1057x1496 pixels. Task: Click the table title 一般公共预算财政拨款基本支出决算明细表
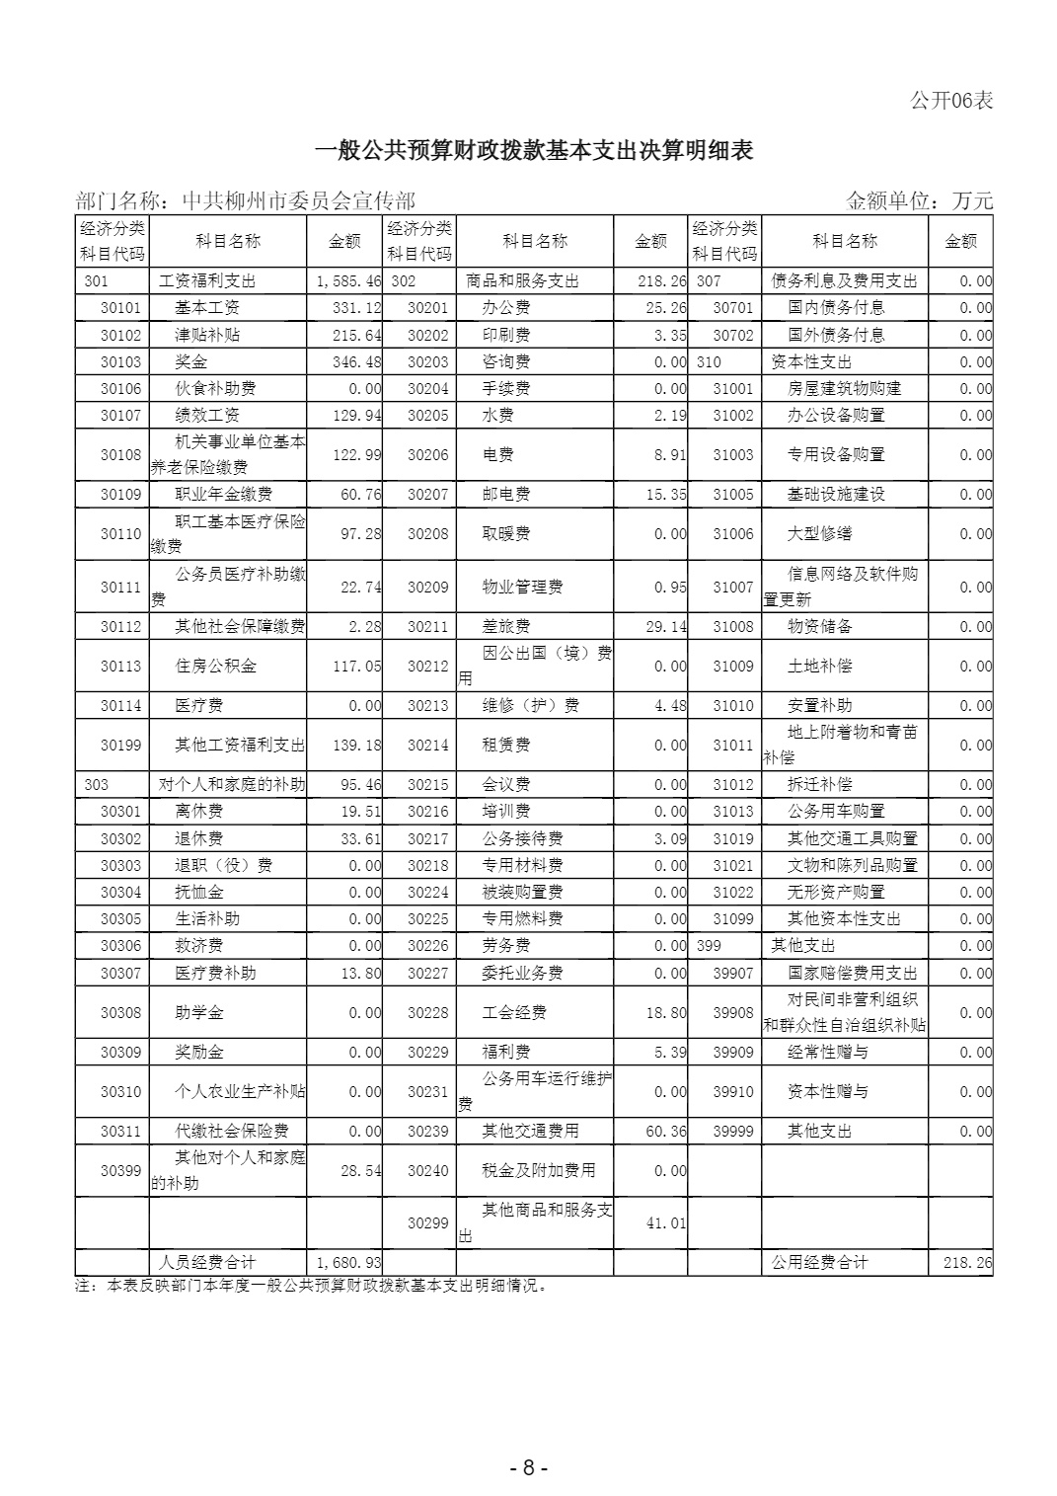tap(533, 150)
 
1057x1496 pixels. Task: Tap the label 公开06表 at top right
tap(950, 100)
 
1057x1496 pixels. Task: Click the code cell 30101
tap(120, 308)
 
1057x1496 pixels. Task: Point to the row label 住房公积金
tap(215, 667)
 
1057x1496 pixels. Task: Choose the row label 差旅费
tap(505, 627)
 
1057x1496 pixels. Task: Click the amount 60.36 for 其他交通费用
tap(666, 1132)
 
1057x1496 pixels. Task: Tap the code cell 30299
tap(427, 1223)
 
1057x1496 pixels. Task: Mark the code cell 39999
tap(732, 1132)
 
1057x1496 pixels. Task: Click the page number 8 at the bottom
tap(528, 1468)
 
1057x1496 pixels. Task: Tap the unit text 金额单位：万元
tap(919, 201)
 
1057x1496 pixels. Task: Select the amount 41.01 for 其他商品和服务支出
tap(666, 1223)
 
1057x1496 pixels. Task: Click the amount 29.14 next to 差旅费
tap(666, 627)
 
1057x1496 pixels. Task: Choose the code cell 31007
tap(732, 588)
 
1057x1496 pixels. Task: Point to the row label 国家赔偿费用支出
tap(852, 974)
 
